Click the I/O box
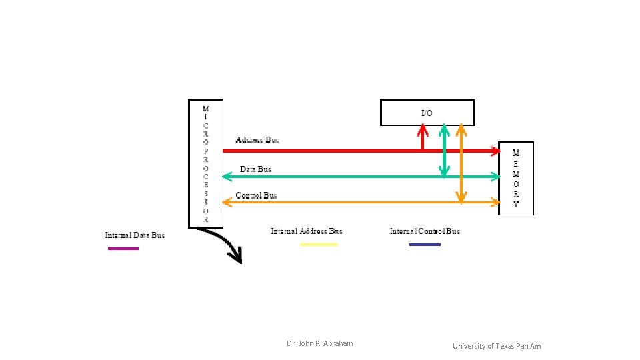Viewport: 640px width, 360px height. point(427,112)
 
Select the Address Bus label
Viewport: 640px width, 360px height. point(257,140)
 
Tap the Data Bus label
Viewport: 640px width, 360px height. point(256,169)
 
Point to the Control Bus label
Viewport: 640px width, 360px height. point(256,195)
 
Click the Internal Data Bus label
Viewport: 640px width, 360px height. point(135,235)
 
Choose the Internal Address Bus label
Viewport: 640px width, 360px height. point(306,231)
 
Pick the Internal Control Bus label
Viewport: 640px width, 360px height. point(425,231)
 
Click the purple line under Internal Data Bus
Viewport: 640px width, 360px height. point(123,249)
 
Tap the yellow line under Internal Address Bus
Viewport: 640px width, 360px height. point(319,245)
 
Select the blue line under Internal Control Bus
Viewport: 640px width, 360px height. point(425,245)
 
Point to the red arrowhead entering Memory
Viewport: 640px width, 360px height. point(495,151)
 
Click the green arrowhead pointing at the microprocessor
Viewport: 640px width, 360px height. point(227,177)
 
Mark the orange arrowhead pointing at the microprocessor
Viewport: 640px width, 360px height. point(227,202)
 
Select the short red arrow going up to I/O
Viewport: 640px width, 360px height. point(421,138)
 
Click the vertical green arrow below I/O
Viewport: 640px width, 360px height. point(444,151)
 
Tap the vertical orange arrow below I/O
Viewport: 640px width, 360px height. point(461,163)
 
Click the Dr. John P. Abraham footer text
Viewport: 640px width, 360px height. point(320,343)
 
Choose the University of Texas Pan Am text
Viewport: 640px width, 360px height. point(497,346)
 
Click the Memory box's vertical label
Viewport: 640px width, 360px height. point(516,178)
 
